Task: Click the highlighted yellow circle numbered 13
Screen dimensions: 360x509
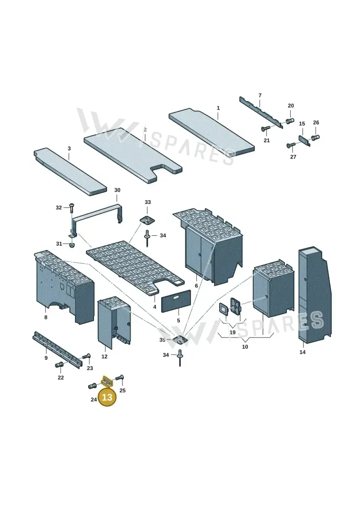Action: [107, 397]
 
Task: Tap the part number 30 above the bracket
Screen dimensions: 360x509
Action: [117, 190]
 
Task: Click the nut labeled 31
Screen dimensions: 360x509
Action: [72, 244]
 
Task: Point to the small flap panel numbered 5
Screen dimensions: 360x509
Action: [176, 302]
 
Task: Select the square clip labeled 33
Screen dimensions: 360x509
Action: [148, 220]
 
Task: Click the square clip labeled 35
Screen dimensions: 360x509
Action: [180, 340]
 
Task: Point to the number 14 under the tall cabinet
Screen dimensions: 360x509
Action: [302, 352]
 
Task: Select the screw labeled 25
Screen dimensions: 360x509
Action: [119, 378]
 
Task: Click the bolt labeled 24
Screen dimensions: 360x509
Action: [92, 386]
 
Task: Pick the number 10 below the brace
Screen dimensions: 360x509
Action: [245, 347]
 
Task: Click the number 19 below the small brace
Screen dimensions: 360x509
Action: [233, 333]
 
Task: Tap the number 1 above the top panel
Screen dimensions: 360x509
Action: [218, 108]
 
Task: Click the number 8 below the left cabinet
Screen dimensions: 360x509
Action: [46, 317]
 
